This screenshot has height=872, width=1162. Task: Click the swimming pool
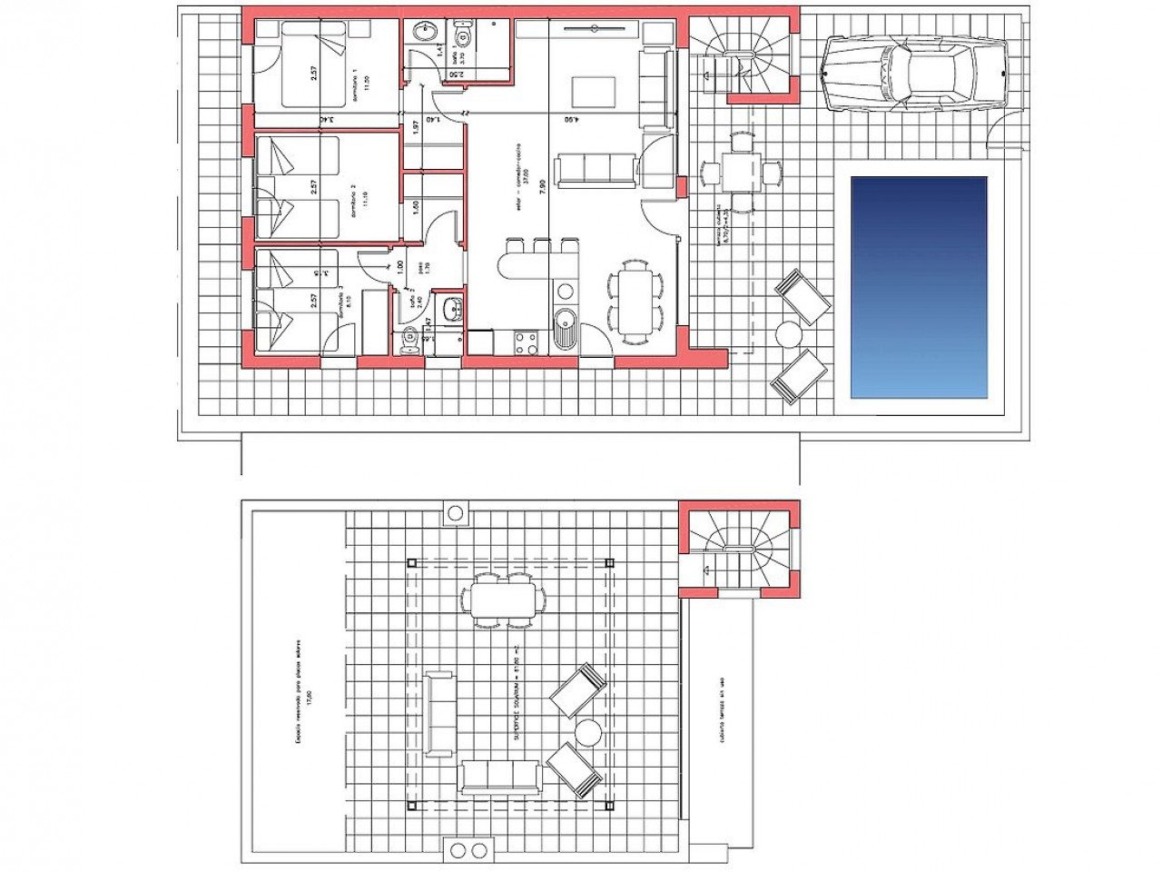919,287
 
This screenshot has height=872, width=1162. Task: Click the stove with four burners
526,342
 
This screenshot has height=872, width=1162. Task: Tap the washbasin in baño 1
423,33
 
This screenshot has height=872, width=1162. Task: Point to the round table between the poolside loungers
789,335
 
